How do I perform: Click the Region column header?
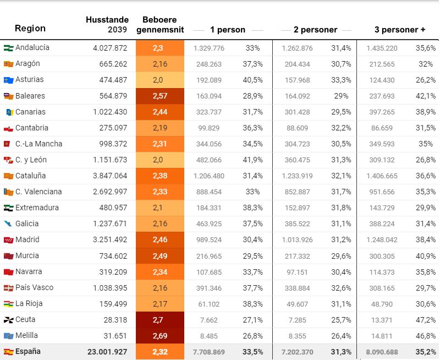coord(30,29)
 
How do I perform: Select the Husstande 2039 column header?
coord(107,24)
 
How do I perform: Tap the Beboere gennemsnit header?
coord(159,24)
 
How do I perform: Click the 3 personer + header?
coord(399,30)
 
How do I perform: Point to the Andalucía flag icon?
coord(8,48)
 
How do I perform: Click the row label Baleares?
coord(30,96)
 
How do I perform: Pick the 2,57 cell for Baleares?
coord(159,96)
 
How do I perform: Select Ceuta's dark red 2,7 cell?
coord(159,319)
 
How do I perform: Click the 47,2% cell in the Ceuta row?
coord(425,319)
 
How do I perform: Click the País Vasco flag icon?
coord(8,287)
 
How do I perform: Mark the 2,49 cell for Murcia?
coord(159,255)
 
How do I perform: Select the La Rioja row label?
coord(29,303)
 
